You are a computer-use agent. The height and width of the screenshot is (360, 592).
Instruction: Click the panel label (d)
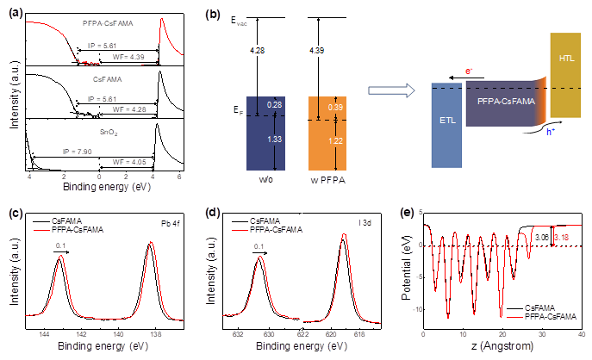tap(218, 212)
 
